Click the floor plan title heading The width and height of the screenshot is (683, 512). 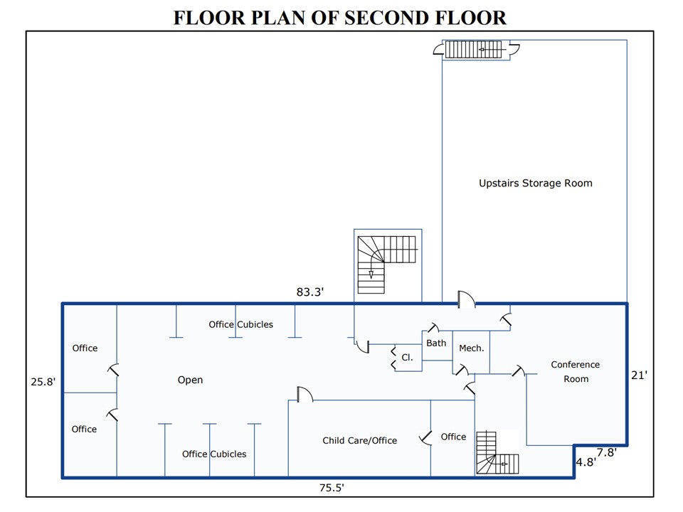[x=340, y=17]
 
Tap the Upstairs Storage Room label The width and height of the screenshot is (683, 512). [x=535, y=183]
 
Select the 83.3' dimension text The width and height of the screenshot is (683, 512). [x=310, y=292]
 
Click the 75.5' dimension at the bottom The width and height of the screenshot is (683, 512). [x=331, y=488]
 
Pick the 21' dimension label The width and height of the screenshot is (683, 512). [x=639, y=375]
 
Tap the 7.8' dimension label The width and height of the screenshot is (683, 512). [x=606, y=452]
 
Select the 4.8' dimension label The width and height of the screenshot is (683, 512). [x=585, y=461]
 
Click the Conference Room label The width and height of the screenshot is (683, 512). [x=576, y=371]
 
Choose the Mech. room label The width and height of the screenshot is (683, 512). [x=471, y=348]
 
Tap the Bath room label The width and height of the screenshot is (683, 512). [x=436, y=343]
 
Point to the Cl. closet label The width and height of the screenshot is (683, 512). [x=407, y=358]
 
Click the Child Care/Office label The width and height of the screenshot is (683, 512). [x=359, y=440]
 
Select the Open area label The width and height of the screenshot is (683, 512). [x=190, y=380]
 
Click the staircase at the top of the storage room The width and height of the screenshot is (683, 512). [x=473, y=50]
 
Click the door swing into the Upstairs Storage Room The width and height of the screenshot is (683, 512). [x=466, y=299]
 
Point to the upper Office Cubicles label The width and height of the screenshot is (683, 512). [x=240, y=324]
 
